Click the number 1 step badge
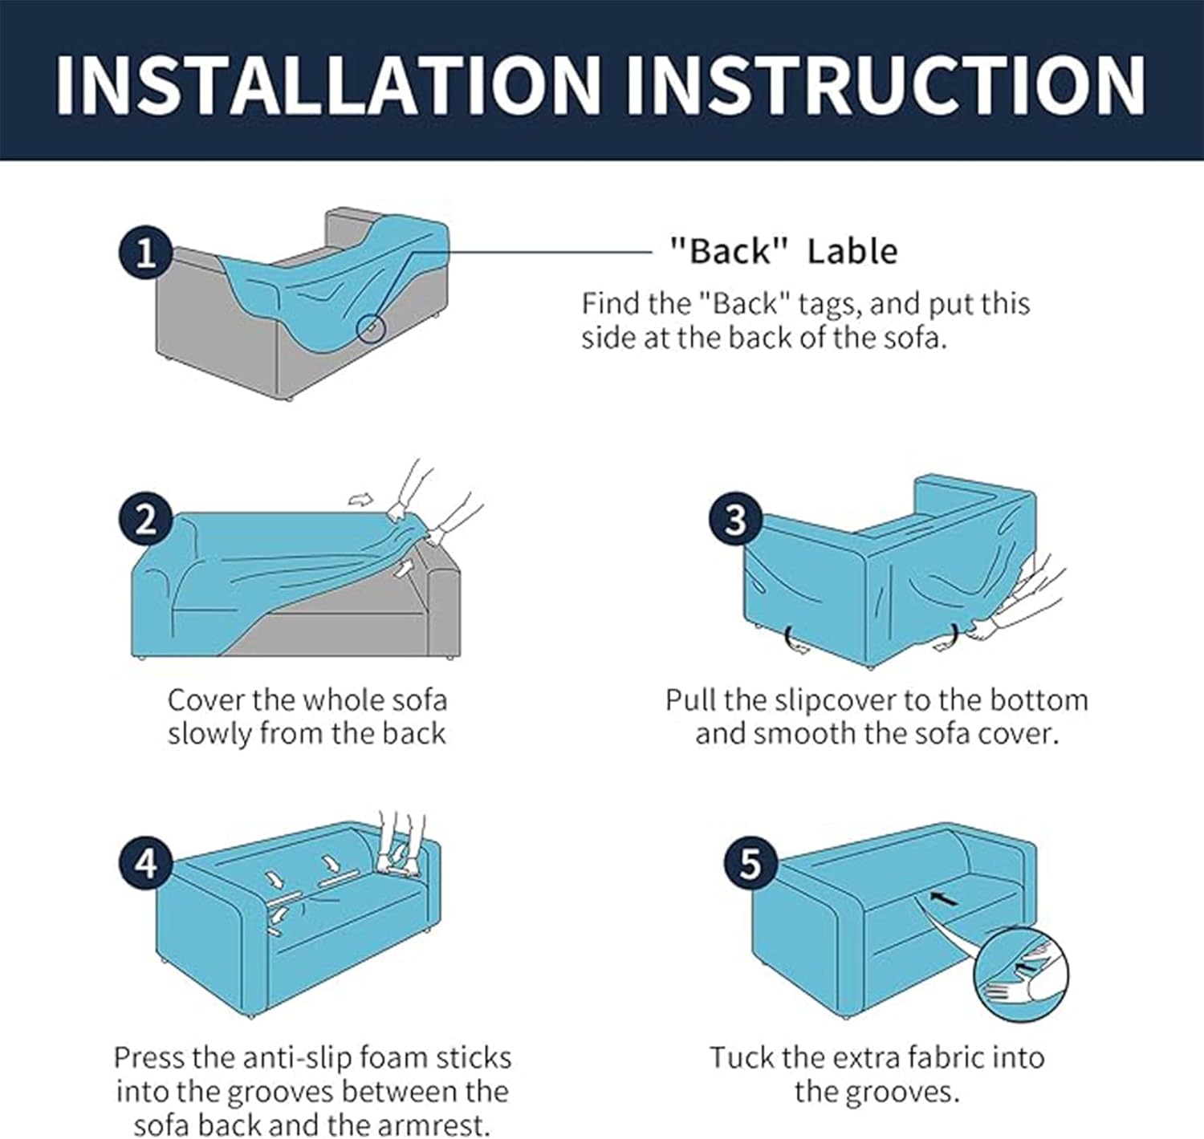point(145,253)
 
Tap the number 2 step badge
point(145,521)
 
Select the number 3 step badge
point(735,521)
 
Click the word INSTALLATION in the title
point(328,84)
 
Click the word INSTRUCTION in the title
point(885,84)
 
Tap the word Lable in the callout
point(852,252)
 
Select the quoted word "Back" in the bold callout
point(728,252)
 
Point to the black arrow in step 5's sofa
point(943,899)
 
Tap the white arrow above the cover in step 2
point(360,499)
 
